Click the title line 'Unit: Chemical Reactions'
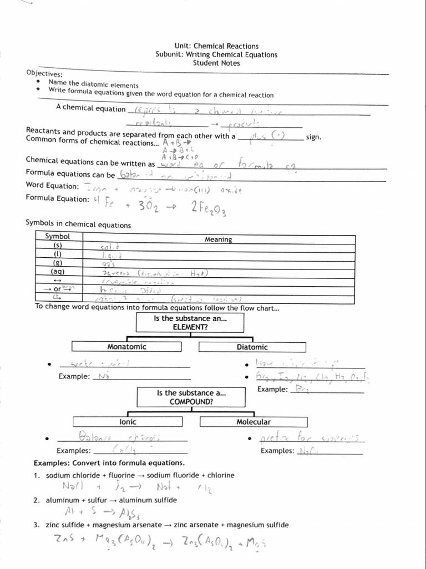216,46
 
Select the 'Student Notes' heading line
216,63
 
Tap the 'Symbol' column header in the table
57,236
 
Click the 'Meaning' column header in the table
218,239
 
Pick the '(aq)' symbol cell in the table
57,272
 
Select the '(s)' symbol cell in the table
57,245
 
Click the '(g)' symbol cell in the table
57,263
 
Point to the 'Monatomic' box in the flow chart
127,347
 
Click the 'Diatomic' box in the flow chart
252,347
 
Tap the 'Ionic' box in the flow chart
128,422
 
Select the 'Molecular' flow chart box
253,422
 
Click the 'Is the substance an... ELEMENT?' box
190,323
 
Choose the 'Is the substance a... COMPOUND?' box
191,397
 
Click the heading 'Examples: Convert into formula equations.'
109,463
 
